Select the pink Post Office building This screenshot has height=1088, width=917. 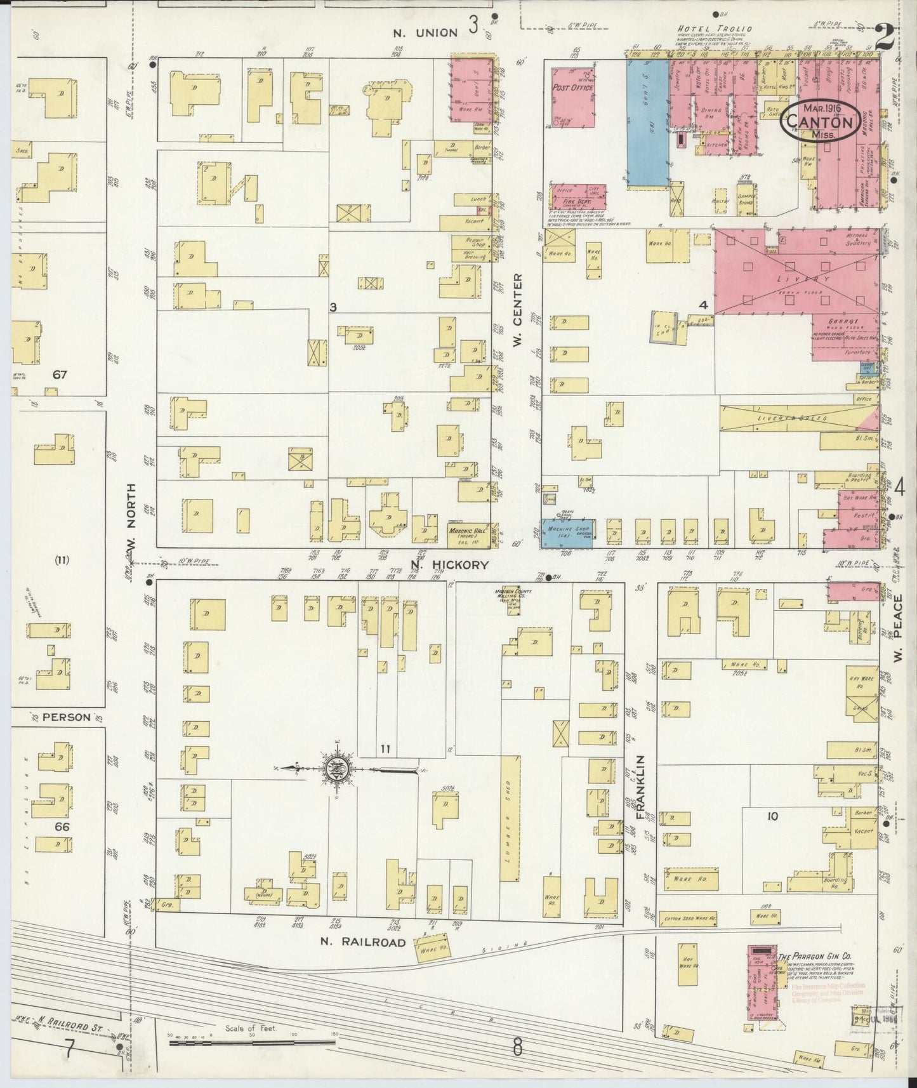tap(573, 94)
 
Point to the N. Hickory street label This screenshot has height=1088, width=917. tap(449, 564)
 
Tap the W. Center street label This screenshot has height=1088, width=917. tap(517, 300)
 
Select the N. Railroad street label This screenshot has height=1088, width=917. tap(362, 942)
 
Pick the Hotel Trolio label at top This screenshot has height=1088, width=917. tap(714, 29)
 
